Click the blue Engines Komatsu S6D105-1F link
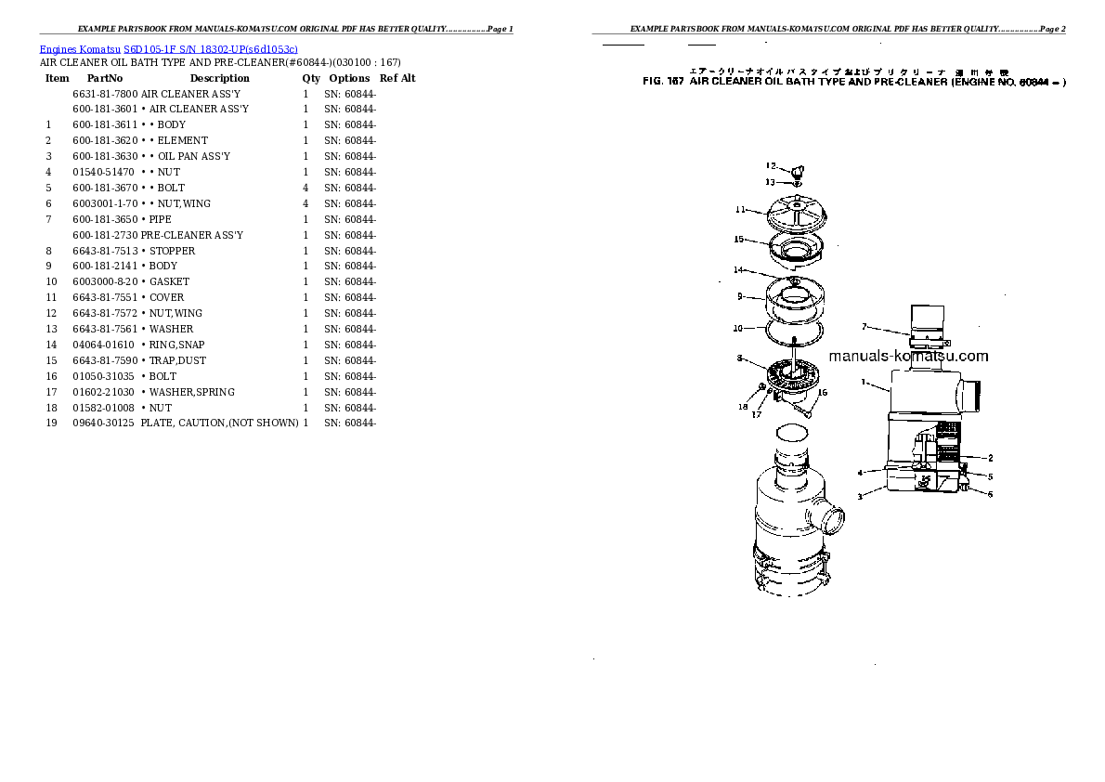[168, 48]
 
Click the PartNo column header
[105, 79]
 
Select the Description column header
[220, 79]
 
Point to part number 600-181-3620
[105, 140]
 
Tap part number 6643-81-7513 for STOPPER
[105, 251]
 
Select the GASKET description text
[169, 281]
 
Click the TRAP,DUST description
[177, 360]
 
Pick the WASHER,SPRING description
[192, 392]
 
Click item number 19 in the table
[52, 424]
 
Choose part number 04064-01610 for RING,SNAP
[105, 345]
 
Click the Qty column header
[311, 79]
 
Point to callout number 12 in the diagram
[771, 166]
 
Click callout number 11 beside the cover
[741, 209]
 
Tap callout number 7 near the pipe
[864, 327]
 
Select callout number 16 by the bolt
[822, 393]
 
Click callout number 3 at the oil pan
[860, 497]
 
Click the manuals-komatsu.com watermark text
[908, 356]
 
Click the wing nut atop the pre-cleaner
[796, 170]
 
